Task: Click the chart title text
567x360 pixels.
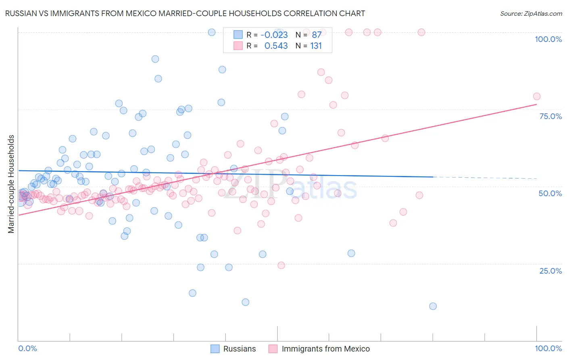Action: [185, 13]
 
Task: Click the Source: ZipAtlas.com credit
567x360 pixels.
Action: [531, 13]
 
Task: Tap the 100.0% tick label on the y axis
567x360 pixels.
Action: [548, 39]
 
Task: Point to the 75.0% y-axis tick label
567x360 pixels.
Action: [550, 116]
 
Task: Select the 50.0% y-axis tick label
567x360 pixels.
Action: [550, 193]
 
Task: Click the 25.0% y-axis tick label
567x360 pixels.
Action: [550, 271]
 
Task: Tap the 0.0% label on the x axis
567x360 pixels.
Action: [27, 348]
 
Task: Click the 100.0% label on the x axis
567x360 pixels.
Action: [548, 348]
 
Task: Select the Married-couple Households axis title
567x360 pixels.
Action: [11, 184]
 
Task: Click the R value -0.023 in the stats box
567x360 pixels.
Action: [274, 35]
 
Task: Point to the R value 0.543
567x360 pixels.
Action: [276, 46]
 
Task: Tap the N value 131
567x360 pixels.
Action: [316, 46]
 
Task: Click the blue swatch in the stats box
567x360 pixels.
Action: [238, 35]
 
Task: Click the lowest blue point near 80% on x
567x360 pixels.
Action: [433, 306]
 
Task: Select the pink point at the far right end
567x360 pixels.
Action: [536, 96]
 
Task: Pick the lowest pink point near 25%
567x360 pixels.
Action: [281, 265]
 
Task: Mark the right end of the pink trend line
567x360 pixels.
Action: [536, 105]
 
